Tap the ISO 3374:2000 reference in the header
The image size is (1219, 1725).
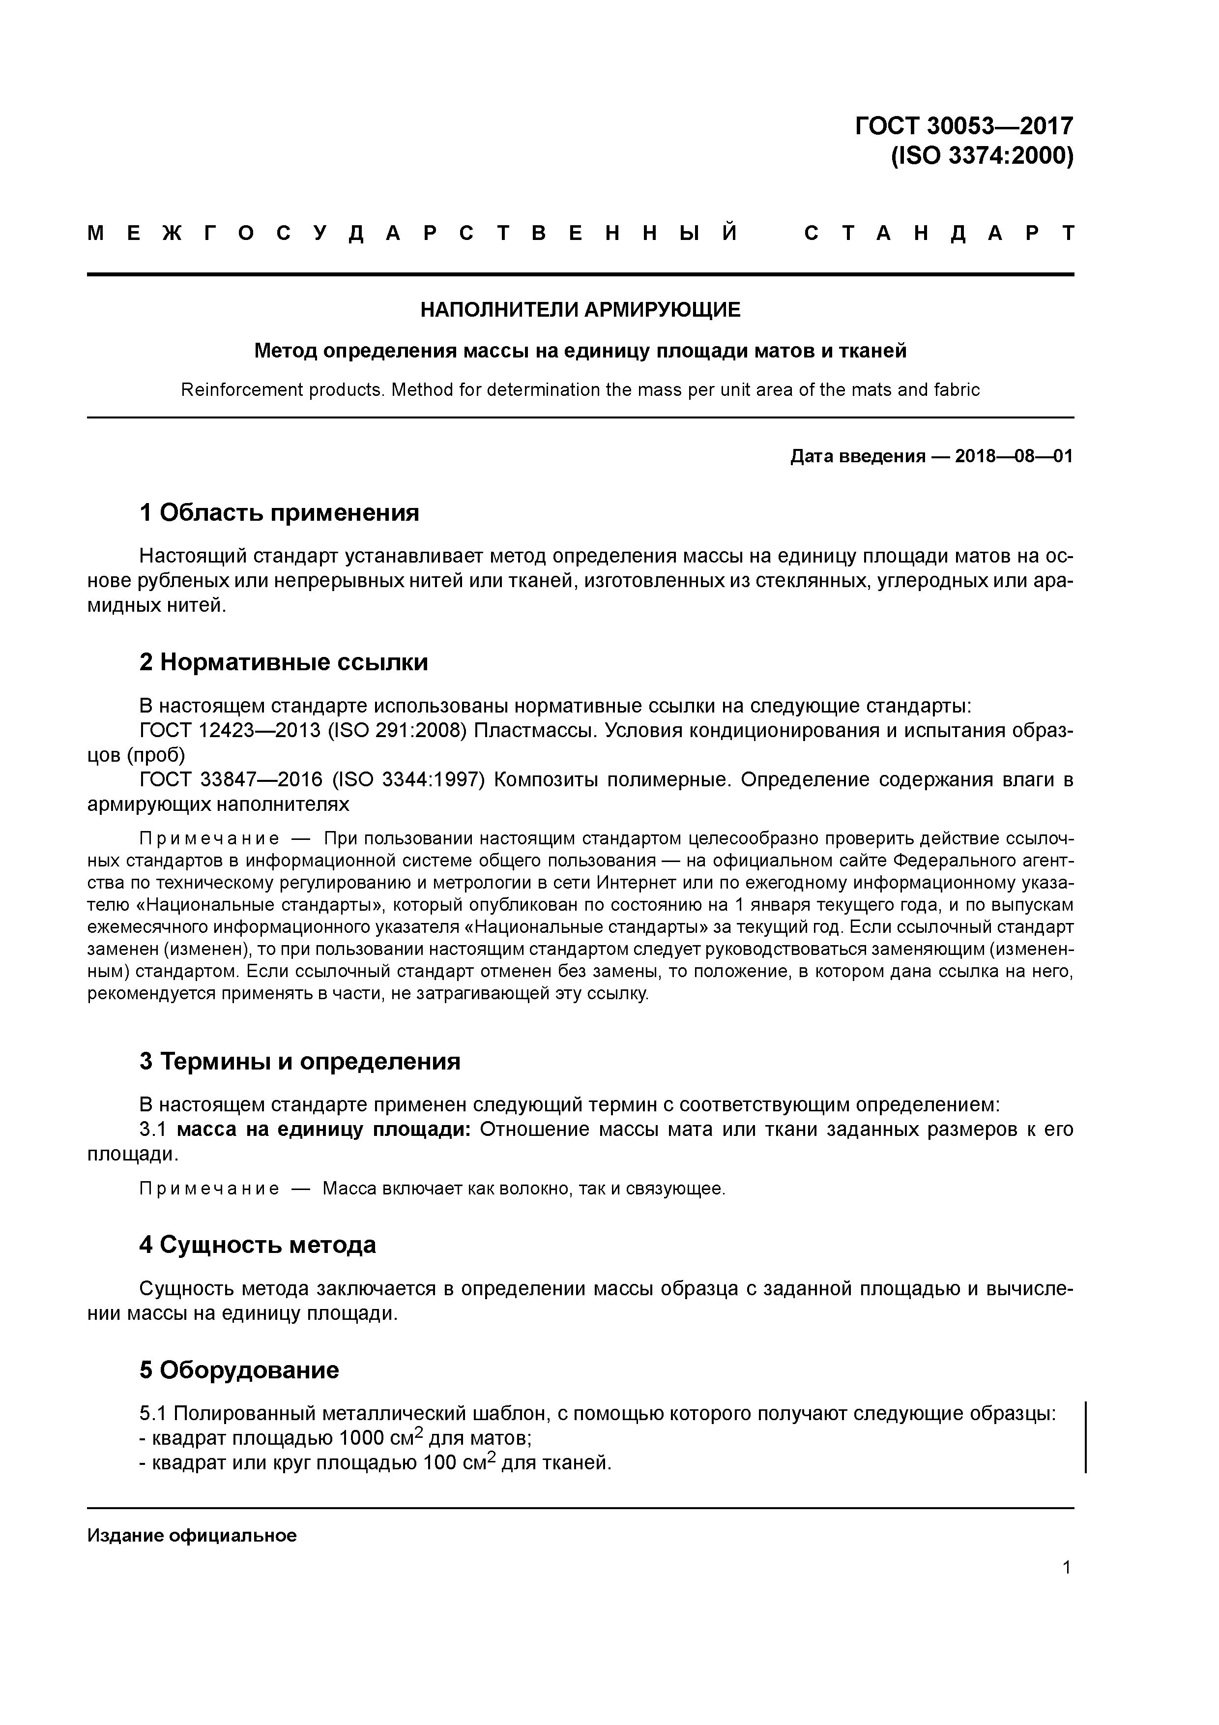(x=982, y=156)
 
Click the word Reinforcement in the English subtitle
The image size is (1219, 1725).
(x=236, y=390)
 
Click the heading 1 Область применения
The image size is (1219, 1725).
(x=279, y=513)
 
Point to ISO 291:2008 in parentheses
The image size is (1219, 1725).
(x=391, y=731)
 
